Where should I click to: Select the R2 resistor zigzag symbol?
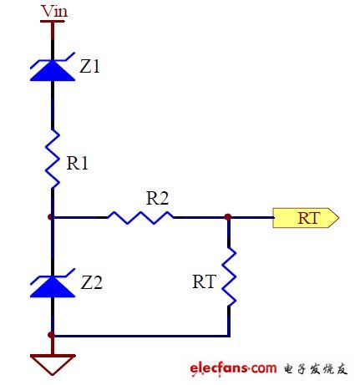coord(139,217)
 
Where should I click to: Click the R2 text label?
coord(157,198)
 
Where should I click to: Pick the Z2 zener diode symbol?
coord(52,286)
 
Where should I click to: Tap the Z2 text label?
coord(89,282)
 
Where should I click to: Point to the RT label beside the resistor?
coord(203,282)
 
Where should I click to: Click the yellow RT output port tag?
coord(307,218)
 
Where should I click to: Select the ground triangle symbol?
coord(52,363)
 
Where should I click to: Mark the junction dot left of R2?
coord(52,217)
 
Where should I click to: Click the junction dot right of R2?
coord(228,217)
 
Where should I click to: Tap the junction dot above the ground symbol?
coord(52,336)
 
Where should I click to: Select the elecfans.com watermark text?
coord(233,368)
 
